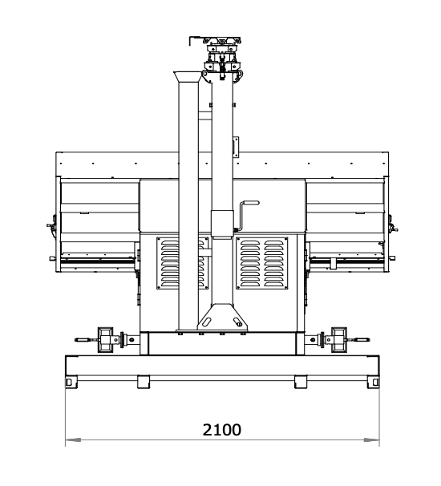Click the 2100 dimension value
221,430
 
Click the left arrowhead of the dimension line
73,439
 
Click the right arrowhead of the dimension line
371,439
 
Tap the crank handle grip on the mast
251,203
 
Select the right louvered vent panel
262,263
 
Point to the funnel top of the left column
188,76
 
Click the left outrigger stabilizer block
105,339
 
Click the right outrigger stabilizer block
339,339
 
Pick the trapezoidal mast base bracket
222,317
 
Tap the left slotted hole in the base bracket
207,322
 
